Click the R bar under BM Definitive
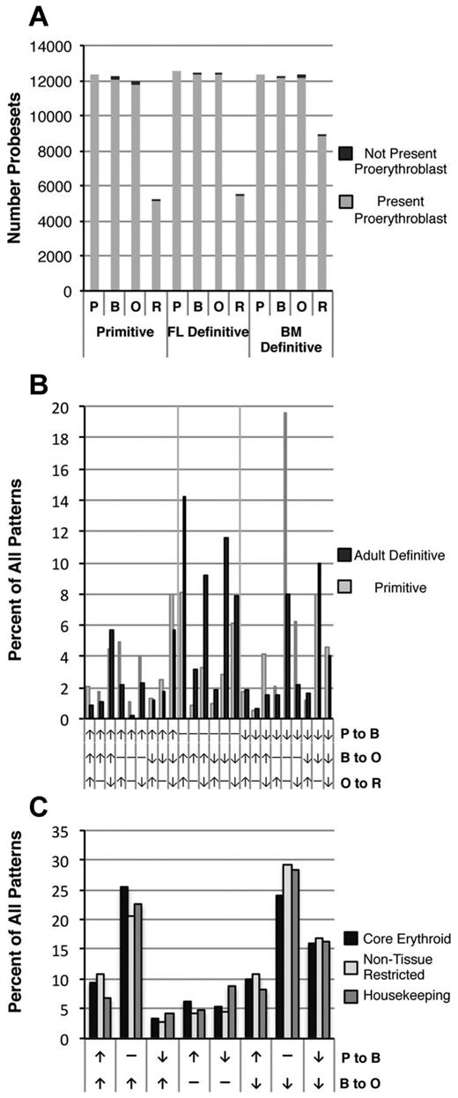(x=322, y=211)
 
